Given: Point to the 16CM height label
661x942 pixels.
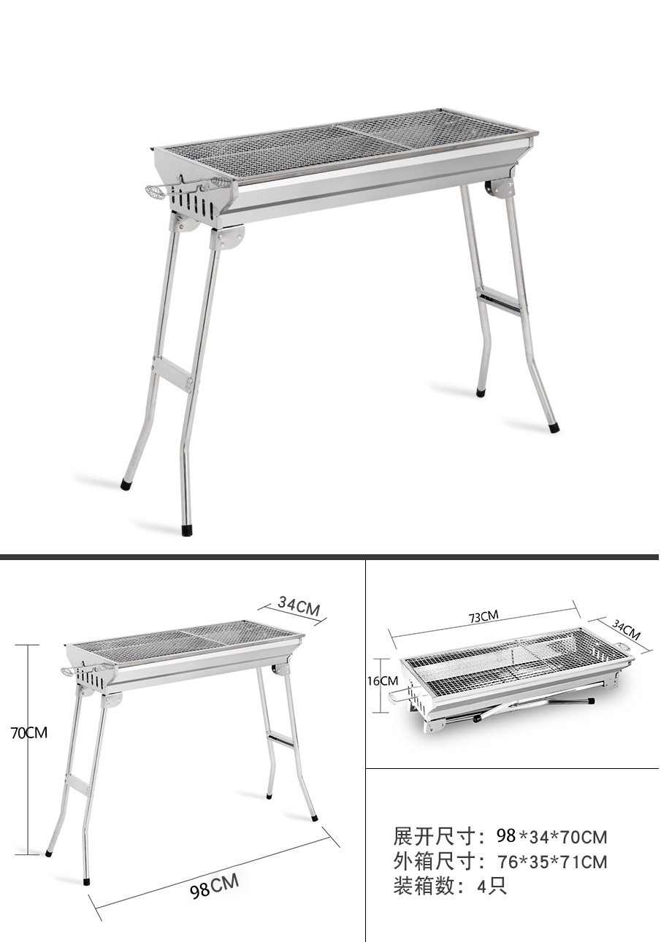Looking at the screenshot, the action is (383, 681).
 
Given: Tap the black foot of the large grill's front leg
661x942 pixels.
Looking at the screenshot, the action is (186, 529).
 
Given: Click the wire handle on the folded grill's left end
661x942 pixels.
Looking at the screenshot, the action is (397, 699).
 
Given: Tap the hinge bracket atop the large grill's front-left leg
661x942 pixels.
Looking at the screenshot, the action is (229, 237).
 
